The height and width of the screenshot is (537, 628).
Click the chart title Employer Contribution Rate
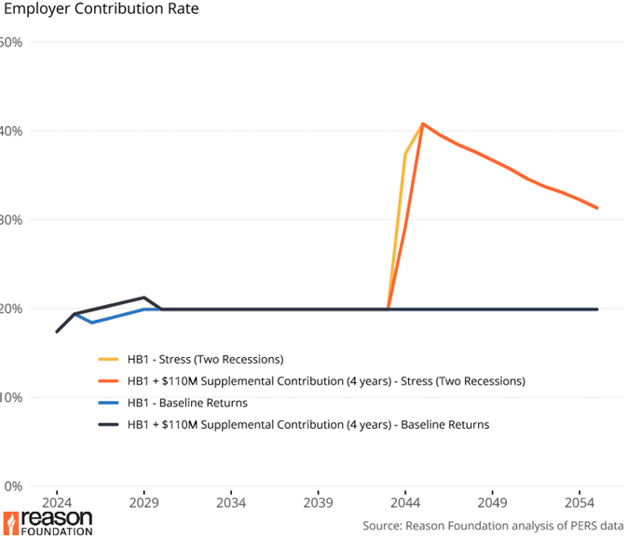[x=100, y=11]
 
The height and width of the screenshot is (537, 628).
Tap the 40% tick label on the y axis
[x=11, y=131]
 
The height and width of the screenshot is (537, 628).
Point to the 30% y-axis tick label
[x=11, y=220]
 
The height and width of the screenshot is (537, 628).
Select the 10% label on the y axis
[x=11, y=397]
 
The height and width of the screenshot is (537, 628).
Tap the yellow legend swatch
[x=109, y=359]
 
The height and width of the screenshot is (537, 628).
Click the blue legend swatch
[x=109, y=403]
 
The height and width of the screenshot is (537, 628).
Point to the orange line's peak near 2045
[x=423, y=123]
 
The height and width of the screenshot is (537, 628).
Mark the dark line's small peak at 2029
[x=143, y=297]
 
